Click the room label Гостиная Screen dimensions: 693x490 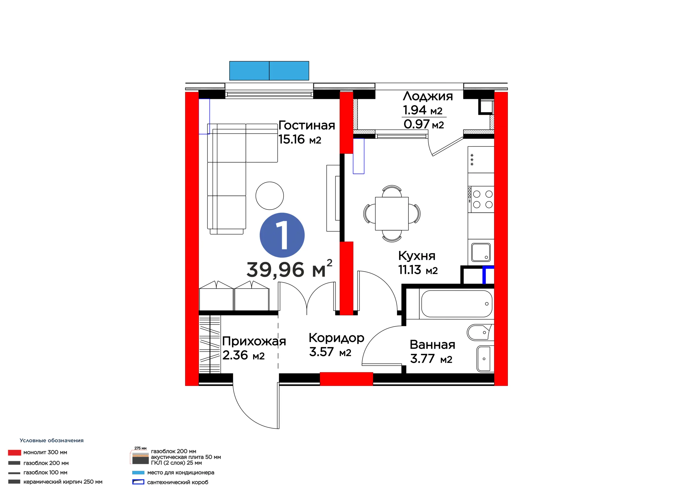307,125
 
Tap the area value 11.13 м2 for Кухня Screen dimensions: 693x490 418,270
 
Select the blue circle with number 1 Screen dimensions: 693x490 282,235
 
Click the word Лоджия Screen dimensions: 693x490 428,96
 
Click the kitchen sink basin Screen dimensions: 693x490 481,252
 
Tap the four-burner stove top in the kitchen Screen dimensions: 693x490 481,199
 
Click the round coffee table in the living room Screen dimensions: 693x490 270,196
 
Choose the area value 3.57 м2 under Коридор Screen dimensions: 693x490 330,352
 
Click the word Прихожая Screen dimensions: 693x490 254,341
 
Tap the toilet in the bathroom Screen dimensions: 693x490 480,332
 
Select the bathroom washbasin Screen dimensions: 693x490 485,359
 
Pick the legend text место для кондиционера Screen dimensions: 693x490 181,472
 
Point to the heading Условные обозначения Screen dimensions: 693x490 52,440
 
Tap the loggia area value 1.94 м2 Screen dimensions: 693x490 423,110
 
